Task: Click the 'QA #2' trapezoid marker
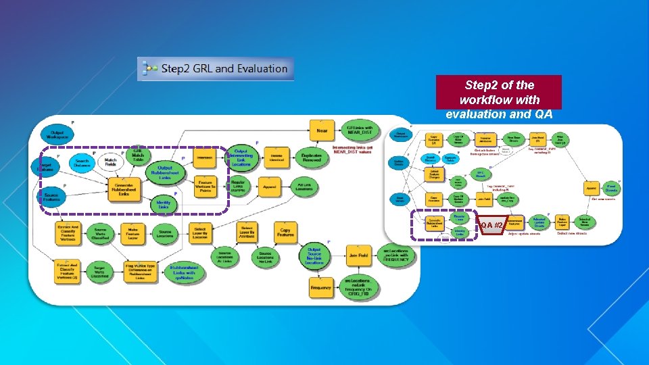(x=491, y=224)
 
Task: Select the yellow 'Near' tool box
(x=321, y=130)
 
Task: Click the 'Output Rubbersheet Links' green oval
(x=164, y=172)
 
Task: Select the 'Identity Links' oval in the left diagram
(x=164, y=203)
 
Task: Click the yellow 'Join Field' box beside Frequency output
(x=358, y=256)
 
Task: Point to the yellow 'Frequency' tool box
(x=321, y=288)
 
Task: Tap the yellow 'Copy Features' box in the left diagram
(x=285, y=233)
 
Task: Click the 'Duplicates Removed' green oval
(x=312, y=157)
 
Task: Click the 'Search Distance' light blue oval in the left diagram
(x=82, y=162)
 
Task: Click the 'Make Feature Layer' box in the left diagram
(x=138, y=233)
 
